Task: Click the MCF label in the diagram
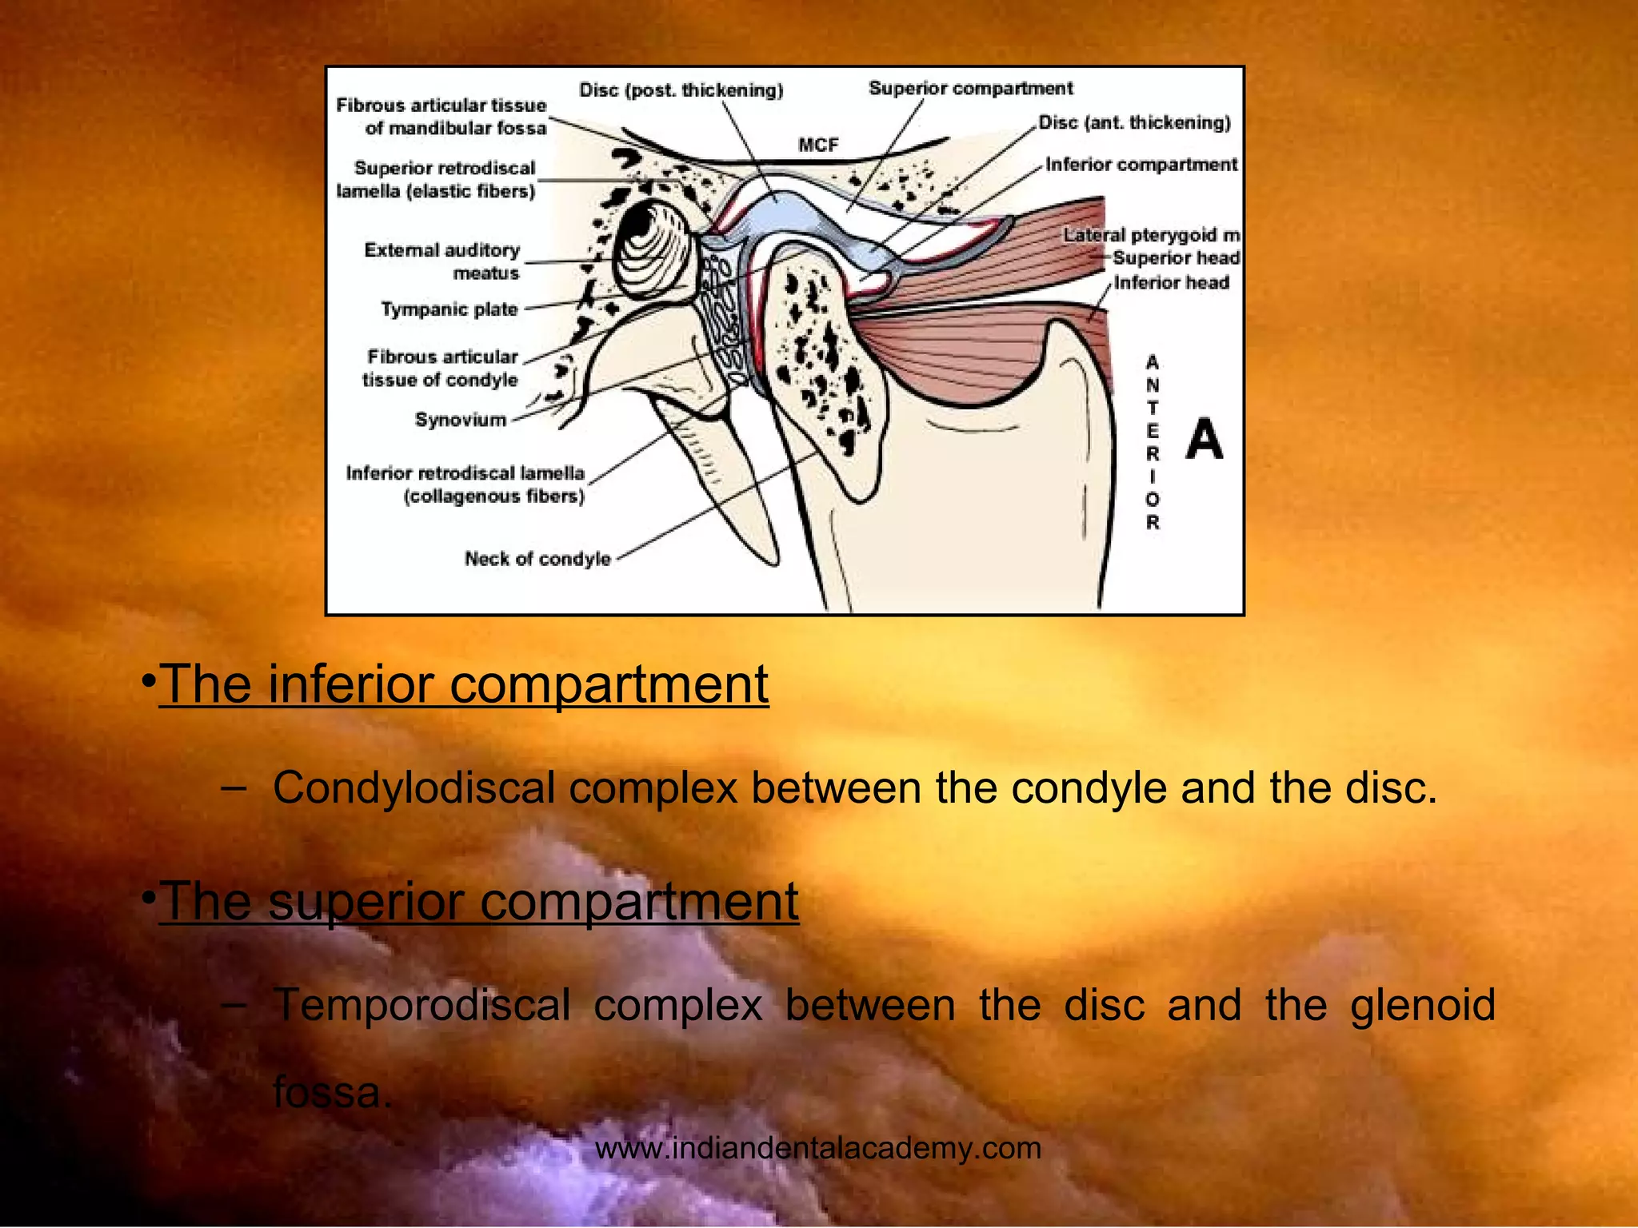click(817, 145)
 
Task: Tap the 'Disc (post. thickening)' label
click(681, 90)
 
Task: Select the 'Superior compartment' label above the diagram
click(970, 88)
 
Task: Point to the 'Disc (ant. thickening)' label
click(1134, 122)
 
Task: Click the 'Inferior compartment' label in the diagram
click(1141, 165)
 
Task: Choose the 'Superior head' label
click(1175, 258)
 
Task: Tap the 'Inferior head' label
click(1171, 283)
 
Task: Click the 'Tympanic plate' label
click(449, 309)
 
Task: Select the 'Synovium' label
click(461, 420)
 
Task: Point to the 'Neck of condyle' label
click(537, 559)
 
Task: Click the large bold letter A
click(1204, 440)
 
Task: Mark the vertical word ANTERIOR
click(1152, 443)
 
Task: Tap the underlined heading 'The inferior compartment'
click(464, 684)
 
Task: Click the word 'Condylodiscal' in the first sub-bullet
click(413, 787)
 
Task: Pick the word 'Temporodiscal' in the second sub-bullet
click(421, 1005)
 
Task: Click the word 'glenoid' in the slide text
click(1422, 1005)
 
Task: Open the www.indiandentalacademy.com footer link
click(818, 1148)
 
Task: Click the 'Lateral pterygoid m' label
click(1151, 235)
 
